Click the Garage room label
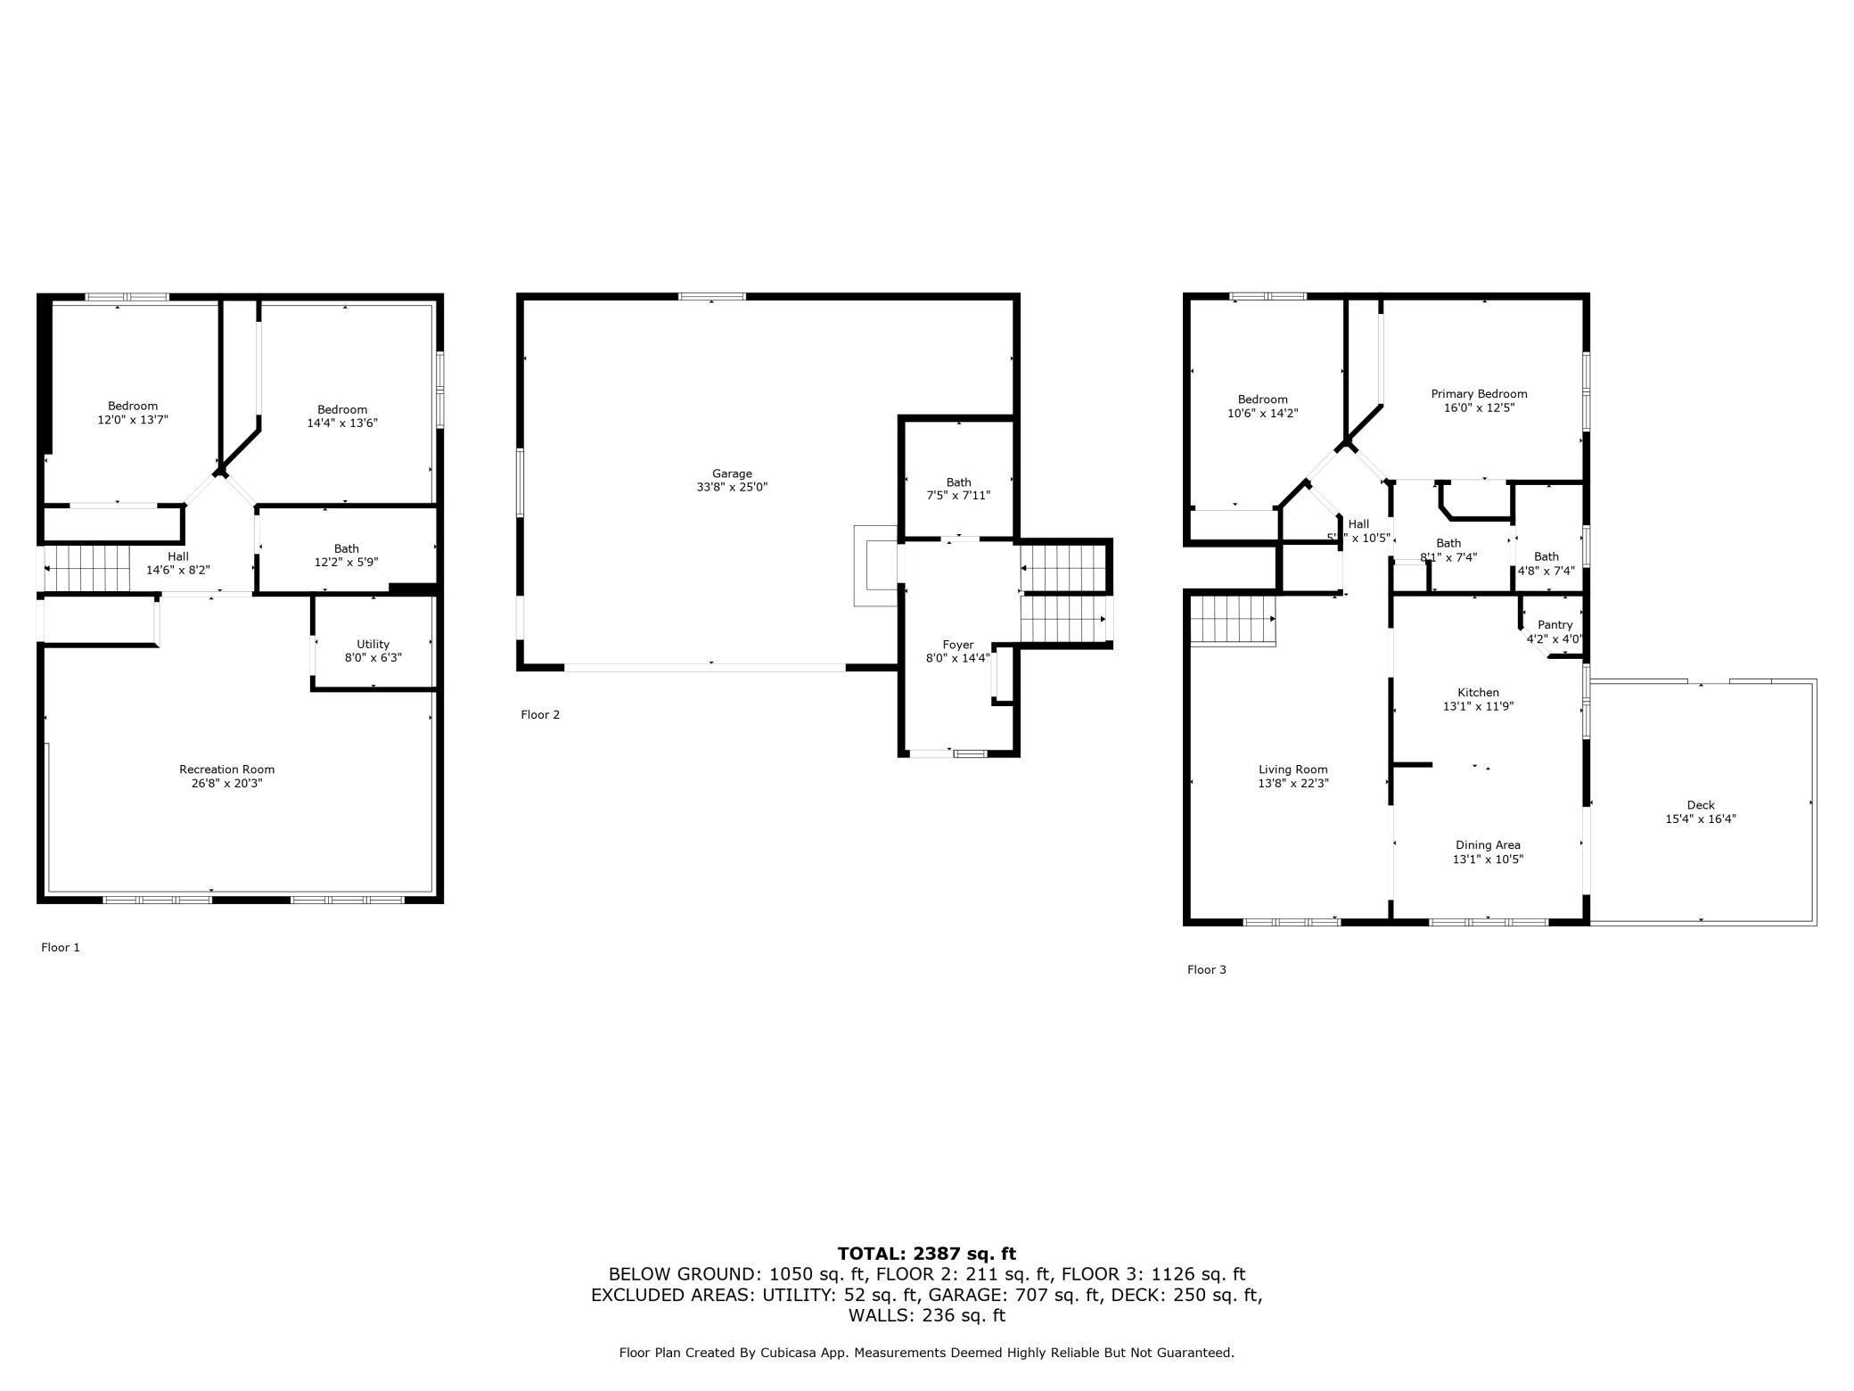[x=731, y=474]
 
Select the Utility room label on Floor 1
[x=373, y=644]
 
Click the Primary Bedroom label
[x=1479, y=394]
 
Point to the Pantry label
[x=1555, y=625]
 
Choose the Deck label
[x=1700, y=805]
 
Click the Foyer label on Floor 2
[x=958, y=645]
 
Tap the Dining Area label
[x=1487, y=845]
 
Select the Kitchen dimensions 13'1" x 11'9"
[x=1478, y=706]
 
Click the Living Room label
[x=1292, y=770]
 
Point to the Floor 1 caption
[x=61, y=948]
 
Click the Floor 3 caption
[x=1206, y=969]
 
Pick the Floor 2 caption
[x=540, y=714]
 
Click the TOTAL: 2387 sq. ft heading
[x=926, y=1254]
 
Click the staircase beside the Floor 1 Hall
[x=87, y=569]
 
